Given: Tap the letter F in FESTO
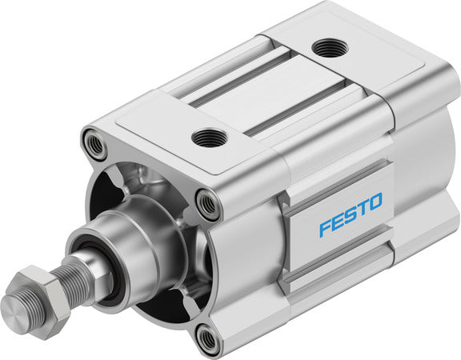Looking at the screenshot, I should pyautogui.click(x=325, y=228).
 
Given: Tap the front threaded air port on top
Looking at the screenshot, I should pyautogui.click(x=210, y=138).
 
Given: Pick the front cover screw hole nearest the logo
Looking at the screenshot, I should pyautogui.click(x=208, y=206).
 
